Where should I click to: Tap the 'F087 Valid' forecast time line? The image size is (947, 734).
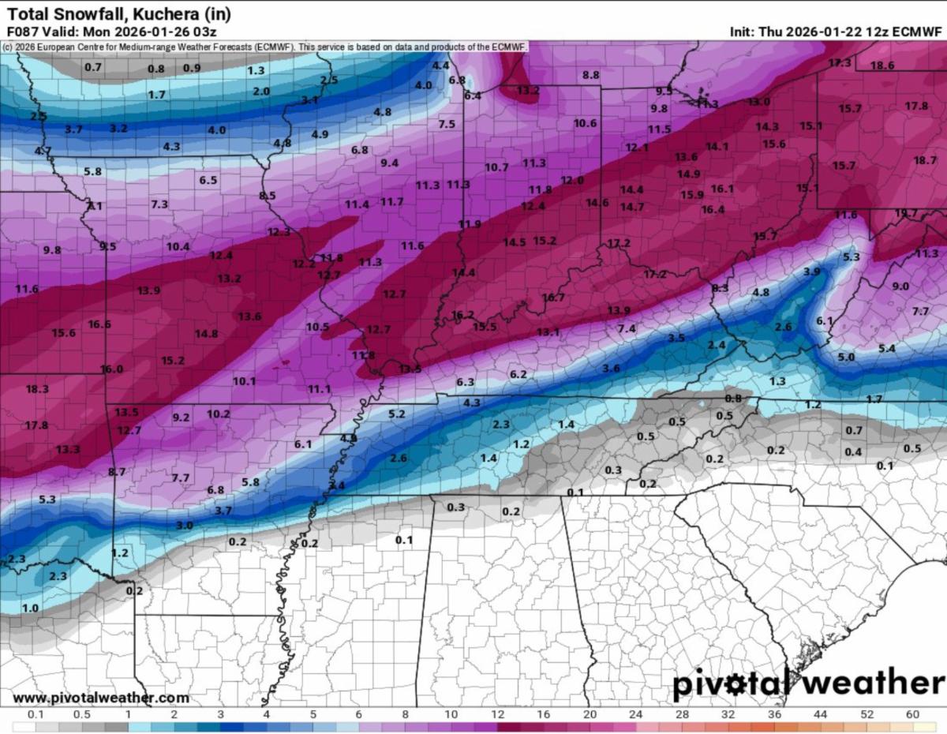click(x=110, y=32)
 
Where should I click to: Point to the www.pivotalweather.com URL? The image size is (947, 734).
click(x=101, y=698)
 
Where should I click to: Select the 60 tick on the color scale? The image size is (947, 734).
click(x=912, y=714)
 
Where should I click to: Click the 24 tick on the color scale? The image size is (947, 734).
click(x=636, y=714)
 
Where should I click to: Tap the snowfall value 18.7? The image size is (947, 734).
click(x=925, y=160)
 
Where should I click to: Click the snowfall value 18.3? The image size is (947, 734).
click(x=37, y=389)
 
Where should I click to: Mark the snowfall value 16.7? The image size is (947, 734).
click(x=553, y=298)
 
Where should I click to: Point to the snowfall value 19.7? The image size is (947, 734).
click(x=906, y=213)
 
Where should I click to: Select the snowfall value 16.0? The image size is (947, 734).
click(x=111, y=369)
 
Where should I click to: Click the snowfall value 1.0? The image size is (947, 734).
click(x=30, y=608)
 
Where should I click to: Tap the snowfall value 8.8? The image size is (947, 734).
click(x=590, y=75)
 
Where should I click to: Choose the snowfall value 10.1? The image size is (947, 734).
click(x=244, y=381)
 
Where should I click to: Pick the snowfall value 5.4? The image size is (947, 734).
click(x=886, y=348)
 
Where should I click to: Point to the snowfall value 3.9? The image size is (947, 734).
click(x=811, y=272)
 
